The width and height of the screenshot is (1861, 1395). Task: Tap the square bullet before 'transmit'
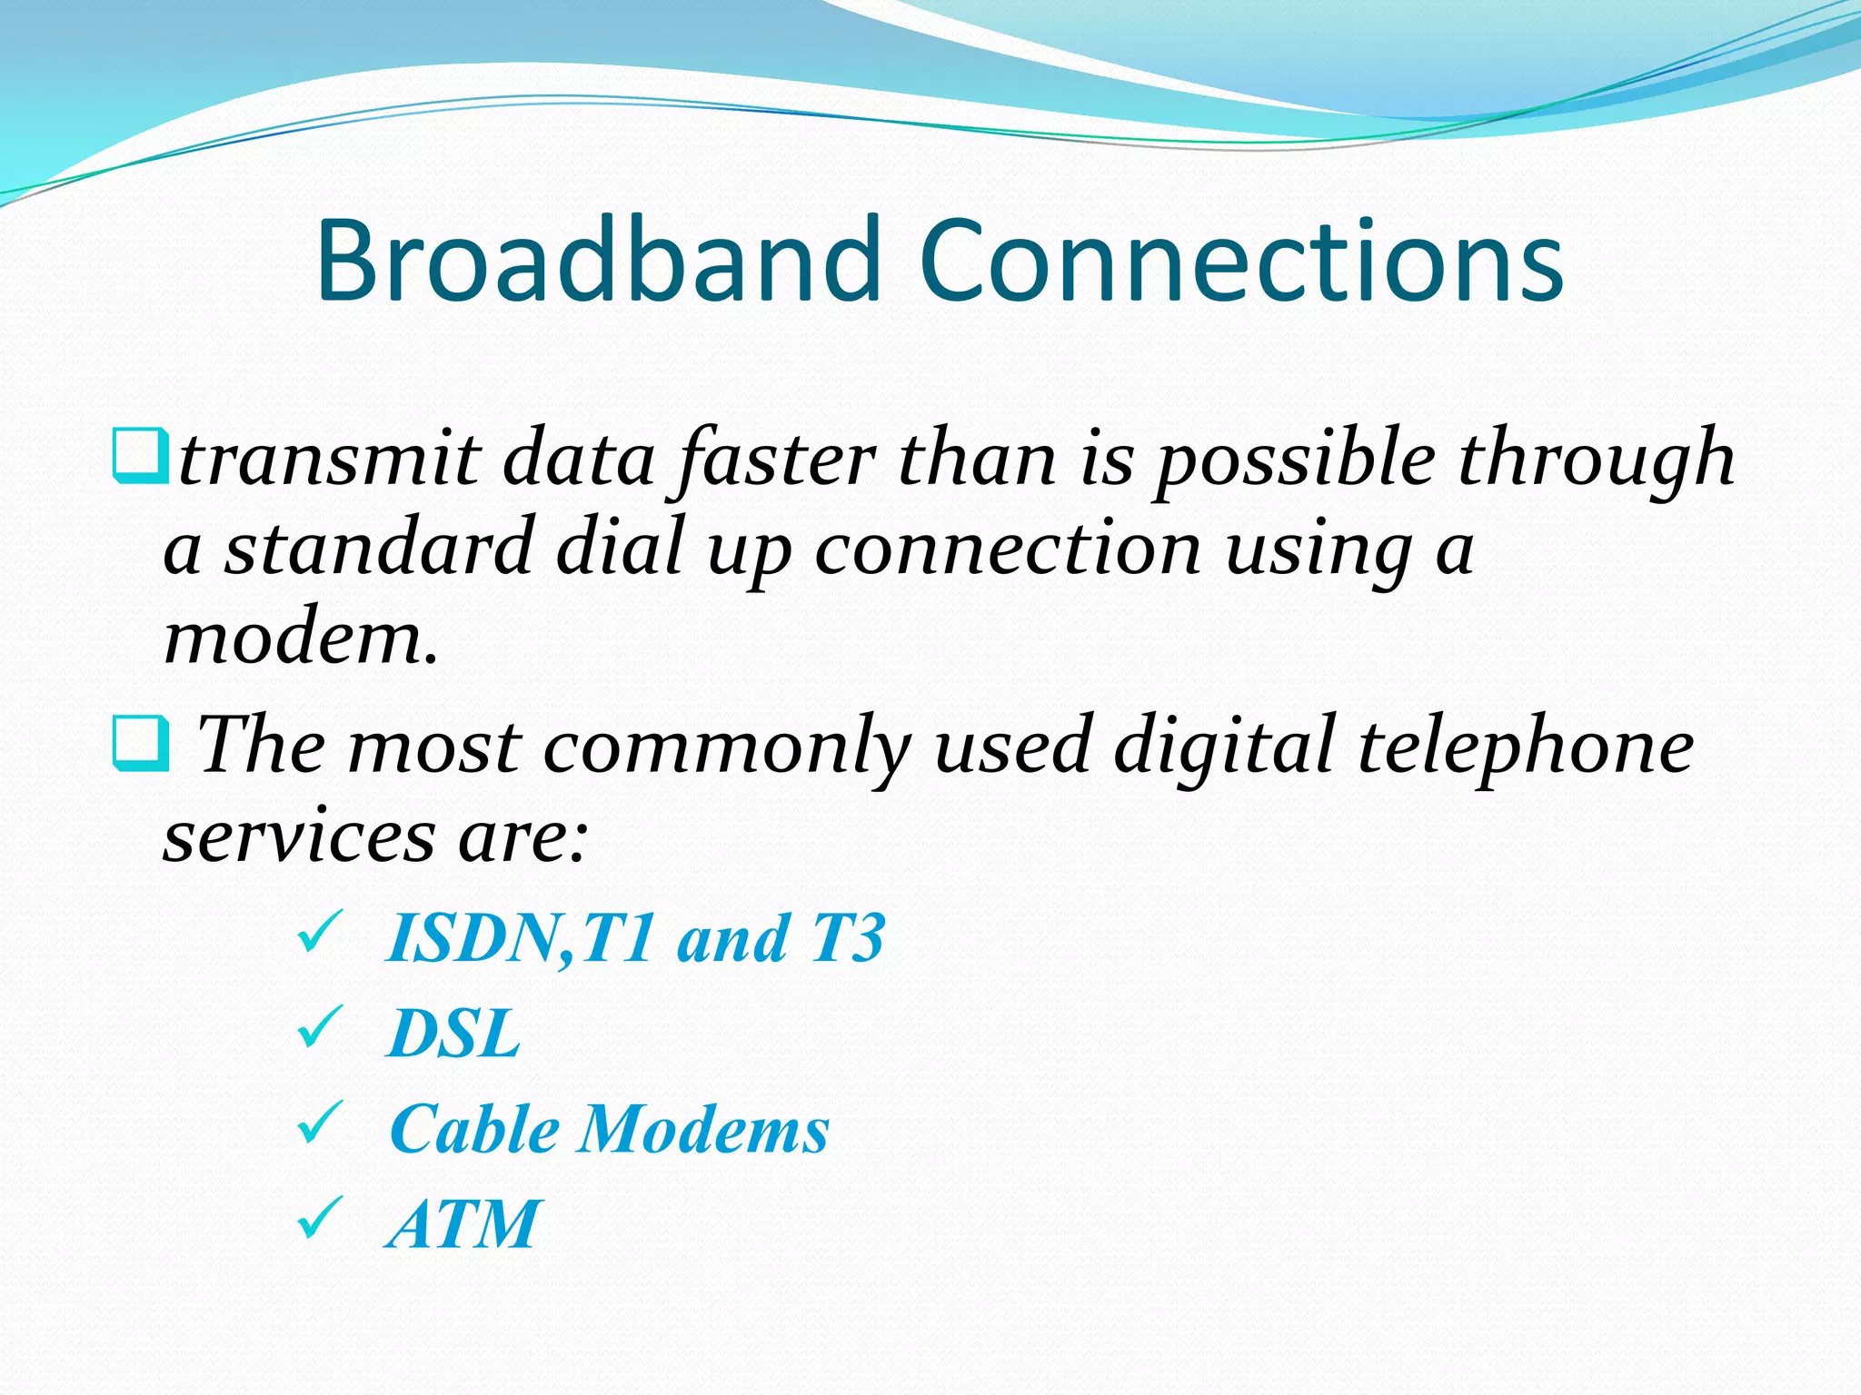(x=139, y=455)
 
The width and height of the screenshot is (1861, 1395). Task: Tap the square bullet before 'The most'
(x=139, y=743)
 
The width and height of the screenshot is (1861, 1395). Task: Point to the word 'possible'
(x=1296, y=460)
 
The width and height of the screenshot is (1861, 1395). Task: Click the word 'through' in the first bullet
(x=1596, y=460)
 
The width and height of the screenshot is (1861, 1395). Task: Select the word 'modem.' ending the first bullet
(x=301, y=638)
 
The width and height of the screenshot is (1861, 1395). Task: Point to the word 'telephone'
(x=1525, y=747)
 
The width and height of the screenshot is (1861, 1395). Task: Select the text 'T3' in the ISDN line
(x=847, y=938)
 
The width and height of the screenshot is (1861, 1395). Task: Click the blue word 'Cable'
(x=473, y=1130)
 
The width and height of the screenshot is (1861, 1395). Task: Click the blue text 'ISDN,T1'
(x=519, y=938)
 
